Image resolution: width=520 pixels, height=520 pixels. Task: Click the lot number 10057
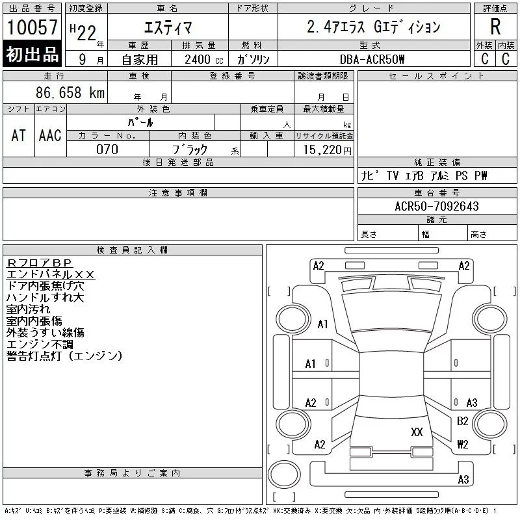[32, 27]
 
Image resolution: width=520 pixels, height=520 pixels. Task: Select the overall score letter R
[495, 27]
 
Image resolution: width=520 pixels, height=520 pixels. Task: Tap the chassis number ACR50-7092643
[437, 207]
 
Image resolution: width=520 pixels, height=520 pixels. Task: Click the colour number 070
[107, 149]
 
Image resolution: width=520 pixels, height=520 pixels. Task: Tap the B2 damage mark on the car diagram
[463, 421]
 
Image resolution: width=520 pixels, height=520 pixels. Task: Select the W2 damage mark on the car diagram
[463, 445]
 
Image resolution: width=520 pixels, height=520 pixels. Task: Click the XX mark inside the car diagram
[417, 432]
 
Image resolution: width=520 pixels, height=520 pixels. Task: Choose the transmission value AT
[19, 135]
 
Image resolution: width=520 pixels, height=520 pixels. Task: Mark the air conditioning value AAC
[50, 135]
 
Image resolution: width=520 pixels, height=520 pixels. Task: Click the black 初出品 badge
[32, 55]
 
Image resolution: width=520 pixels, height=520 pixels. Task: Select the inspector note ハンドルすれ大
[45, 297]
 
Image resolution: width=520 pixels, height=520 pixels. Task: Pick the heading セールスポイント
[437, 76]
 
